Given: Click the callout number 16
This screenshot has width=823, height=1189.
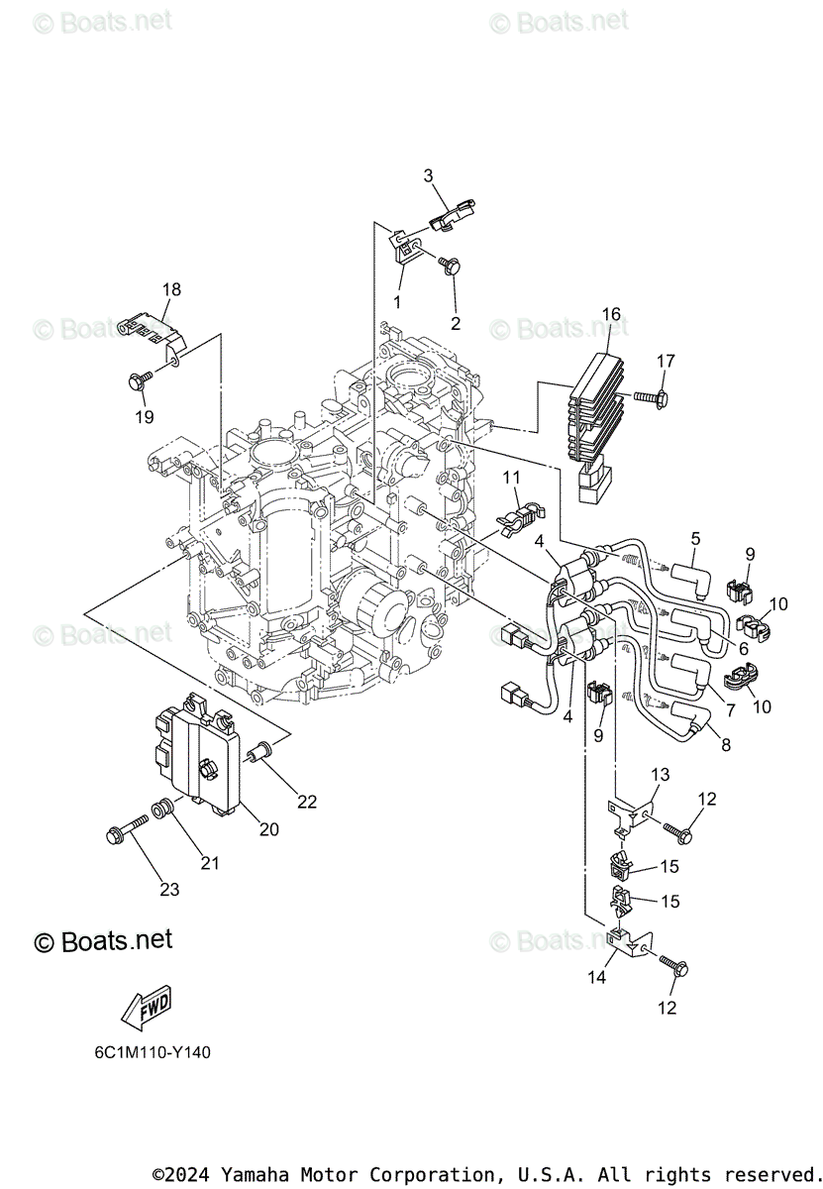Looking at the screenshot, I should pos(611,315).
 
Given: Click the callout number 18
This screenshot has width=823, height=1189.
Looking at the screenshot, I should pos(172,290).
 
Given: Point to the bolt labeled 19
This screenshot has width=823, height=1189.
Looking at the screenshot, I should pos(139,378).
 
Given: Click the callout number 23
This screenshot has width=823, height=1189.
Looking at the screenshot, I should pos(169,890).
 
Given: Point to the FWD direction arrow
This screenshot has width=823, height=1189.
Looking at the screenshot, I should pos(145,1011).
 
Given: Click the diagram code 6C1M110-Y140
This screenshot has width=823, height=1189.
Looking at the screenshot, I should pos(147,1052).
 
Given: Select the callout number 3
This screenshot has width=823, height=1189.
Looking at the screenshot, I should pos(429,176).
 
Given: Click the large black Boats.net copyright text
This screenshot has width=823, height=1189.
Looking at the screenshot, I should pos(103,940).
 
